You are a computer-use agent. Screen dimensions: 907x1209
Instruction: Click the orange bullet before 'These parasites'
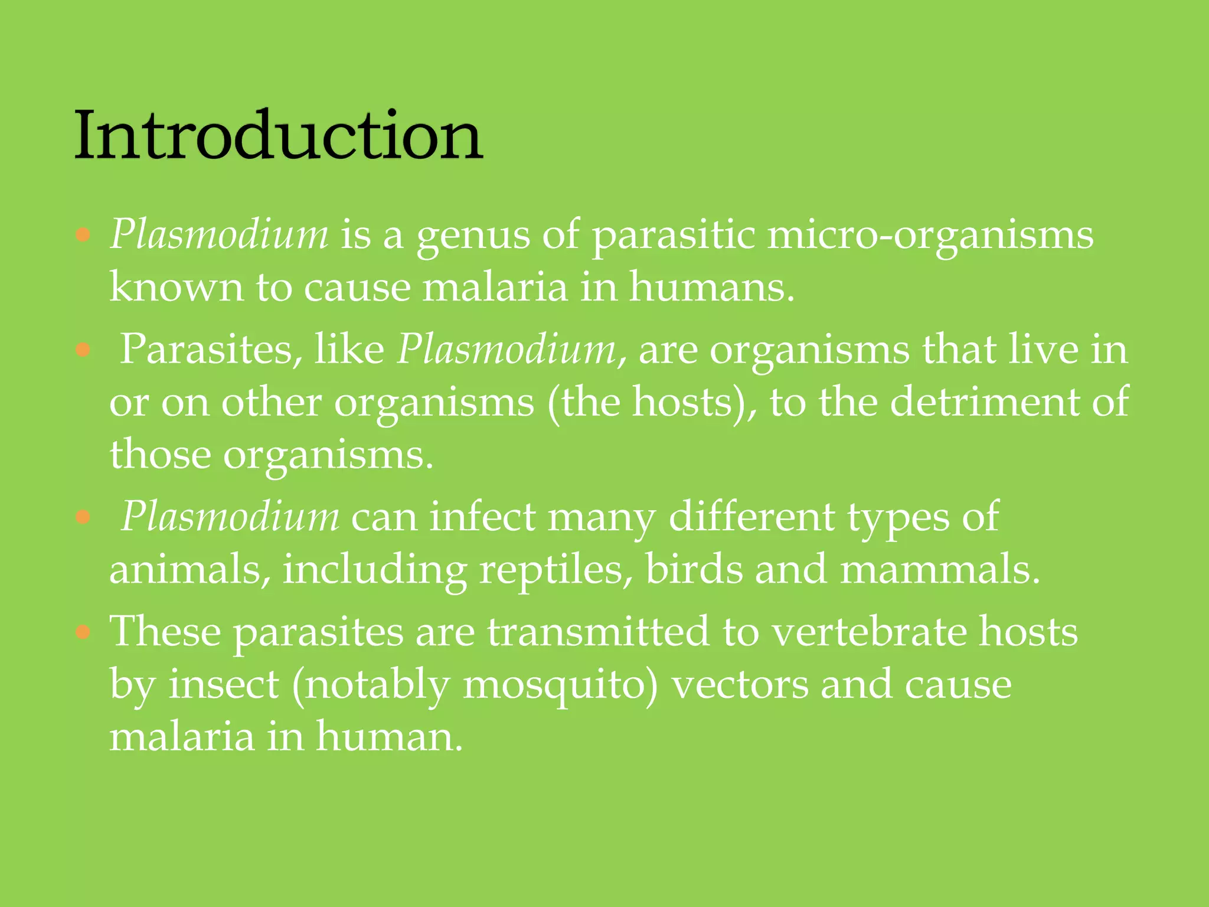pyautogui.click(x=83, y=632)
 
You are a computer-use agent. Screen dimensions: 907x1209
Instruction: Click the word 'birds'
pyautogui.click(x=694, y=570)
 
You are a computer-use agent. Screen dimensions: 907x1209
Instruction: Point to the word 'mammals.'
pyautogui.click(x=939, y=570)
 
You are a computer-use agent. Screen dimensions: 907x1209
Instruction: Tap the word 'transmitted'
pyautogui.click(x=598, y=632)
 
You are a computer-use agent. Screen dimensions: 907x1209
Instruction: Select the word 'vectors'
pyautogui.click(x=740, y=685)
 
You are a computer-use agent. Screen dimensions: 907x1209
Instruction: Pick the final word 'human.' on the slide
pyautogui.click(x=389, y=737)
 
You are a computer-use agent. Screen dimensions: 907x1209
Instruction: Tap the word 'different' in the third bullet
pyautogui.click(x=751, y=517)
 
